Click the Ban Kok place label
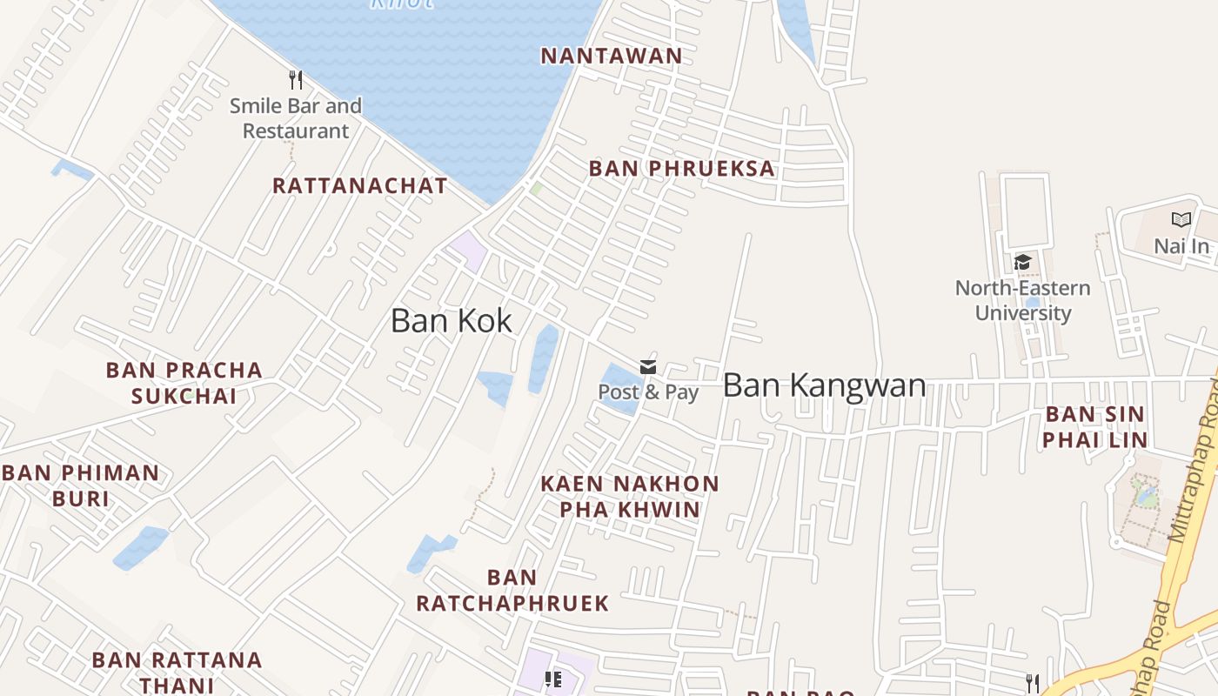[x=451, y=321]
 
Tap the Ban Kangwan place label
[x=824, y=385]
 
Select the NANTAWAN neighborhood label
[x=612, y=57]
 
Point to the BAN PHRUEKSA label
[x=681, y=169]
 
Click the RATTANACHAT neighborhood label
[x=359, y=186]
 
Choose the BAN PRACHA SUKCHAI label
[x=184, y=383]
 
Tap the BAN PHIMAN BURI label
[x=81, y=485]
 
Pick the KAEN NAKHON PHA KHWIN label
[x=630, y=496]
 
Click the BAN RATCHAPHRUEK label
[x=512, y=590]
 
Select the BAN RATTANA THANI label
[x=177, y=672]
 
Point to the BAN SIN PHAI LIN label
[x=1094, y=426]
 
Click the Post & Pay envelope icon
[x=648, y=367]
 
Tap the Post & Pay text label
[x=648, y=392]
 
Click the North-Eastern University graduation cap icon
[x=1022, y=262]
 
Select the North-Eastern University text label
[x=1022, y=300]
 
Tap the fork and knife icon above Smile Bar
[x=296, y=80]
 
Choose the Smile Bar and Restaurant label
[x=296, y=118]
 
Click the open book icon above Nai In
[x=1181, y=220]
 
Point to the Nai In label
[x=1181, y=246]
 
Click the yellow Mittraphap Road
[x=1193, y=513]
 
